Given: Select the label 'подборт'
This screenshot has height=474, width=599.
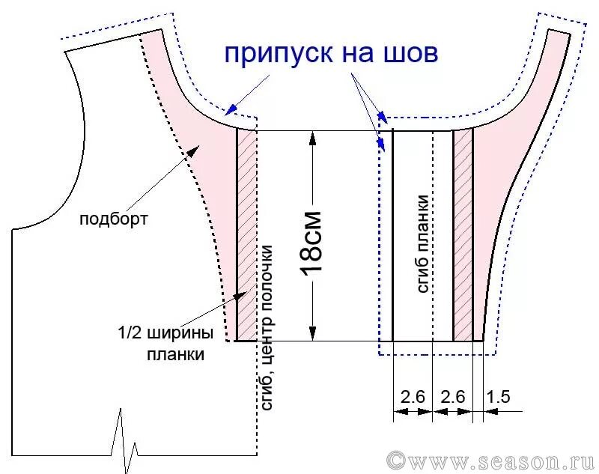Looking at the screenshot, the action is [114, 219].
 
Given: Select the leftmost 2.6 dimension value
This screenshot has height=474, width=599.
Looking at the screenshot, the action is [413, 397].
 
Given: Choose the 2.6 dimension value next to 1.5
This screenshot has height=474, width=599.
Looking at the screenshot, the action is [454, 397].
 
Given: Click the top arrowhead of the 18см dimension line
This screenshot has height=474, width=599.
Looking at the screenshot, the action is [312, 137].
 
